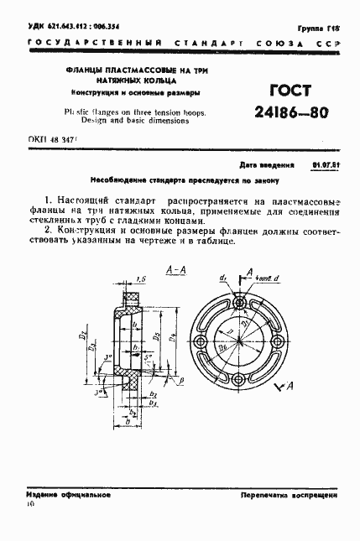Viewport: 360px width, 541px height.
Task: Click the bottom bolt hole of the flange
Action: tap(241, 382)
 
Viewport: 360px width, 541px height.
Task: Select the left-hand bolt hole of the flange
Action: tap(201, 342)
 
